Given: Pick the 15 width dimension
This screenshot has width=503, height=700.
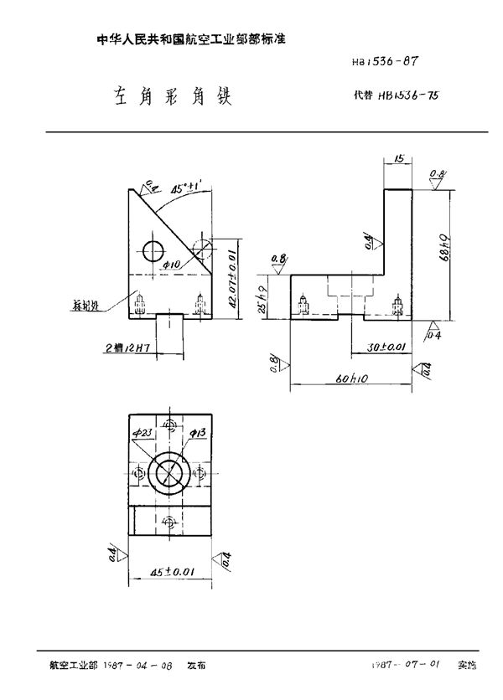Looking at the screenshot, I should [x=398, y=158].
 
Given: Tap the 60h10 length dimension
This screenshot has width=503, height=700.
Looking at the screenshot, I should [x=350, y=380].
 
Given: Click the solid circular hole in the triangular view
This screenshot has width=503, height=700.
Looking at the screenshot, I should [x=154, y=250].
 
